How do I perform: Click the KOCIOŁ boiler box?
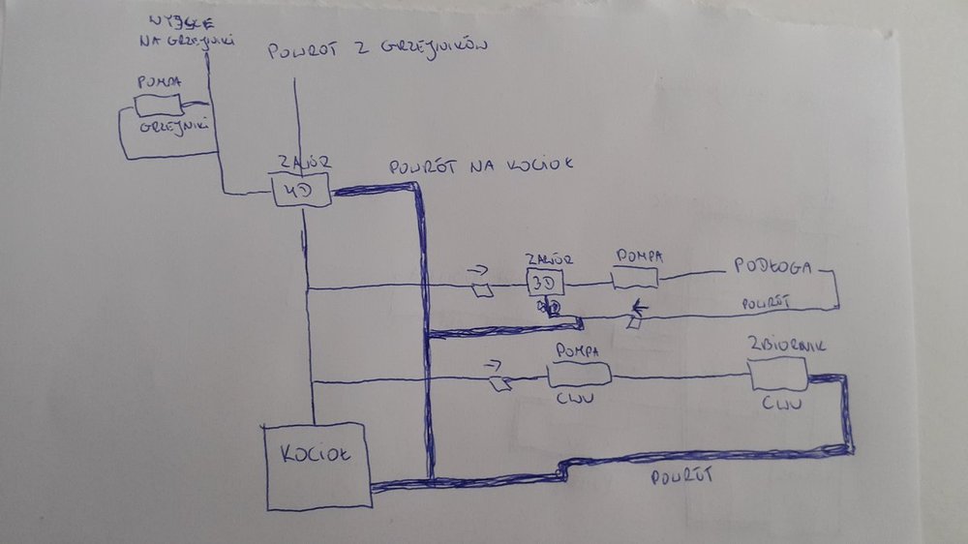click(318, 468)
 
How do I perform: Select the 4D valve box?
click(301, 190)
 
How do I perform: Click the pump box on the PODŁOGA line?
click(636, 279)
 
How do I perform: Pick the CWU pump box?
click(579, 374)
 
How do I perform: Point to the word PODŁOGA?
click(771, 267)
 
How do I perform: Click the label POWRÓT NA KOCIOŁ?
click(481, 166)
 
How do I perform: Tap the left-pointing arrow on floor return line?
click(641, 311)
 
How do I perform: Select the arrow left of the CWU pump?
click(494, 365)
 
